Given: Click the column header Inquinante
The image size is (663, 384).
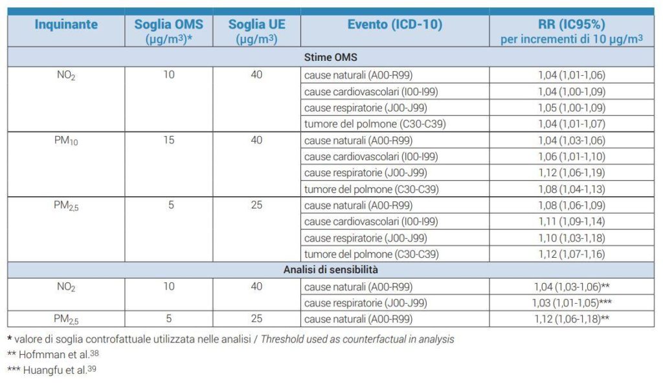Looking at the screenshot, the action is pos(66,25).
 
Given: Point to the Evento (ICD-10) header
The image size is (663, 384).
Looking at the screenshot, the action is pos(395,25).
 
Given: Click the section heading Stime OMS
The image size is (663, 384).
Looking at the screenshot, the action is pos(331,57).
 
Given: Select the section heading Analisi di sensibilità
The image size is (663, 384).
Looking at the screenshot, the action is pos(331,270).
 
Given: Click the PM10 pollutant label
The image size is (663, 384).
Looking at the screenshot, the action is pos(66,141).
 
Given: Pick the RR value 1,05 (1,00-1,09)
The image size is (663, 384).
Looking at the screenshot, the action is pos(572,108).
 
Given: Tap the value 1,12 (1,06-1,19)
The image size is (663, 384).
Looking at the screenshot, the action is pos(572,172).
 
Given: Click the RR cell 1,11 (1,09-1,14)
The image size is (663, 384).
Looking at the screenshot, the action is pos(572,221).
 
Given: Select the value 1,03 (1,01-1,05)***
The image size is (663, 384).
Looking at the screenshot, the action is pos(572,303).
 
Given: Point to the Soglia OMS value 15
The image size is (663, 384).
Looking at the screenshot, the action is pos(169,140).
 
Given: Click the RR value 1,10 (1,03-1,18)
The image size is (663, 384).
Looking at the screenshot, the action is pos(572,238).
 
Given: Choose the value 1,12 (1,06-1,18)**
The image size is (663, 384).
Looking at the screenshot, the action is pos(572,319).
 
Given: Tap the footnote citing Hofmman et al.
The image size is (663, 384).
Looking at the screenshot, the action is pos(53,354).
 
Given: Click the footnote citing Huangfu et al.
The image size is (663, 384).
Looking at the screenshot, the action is pos(52,370).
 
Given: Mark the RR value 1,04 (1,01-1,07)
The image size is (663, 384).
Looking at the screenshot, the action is pos(572,124).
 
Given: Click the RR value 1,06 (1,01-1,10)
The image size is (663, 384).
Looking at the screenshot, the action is pos(572,157).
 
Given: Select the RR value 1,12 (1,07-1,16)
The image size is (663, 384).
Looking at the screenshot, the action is pos(572,254).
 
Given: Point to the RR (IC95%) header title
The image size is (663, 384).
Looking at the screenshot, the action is pos(572,25).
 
